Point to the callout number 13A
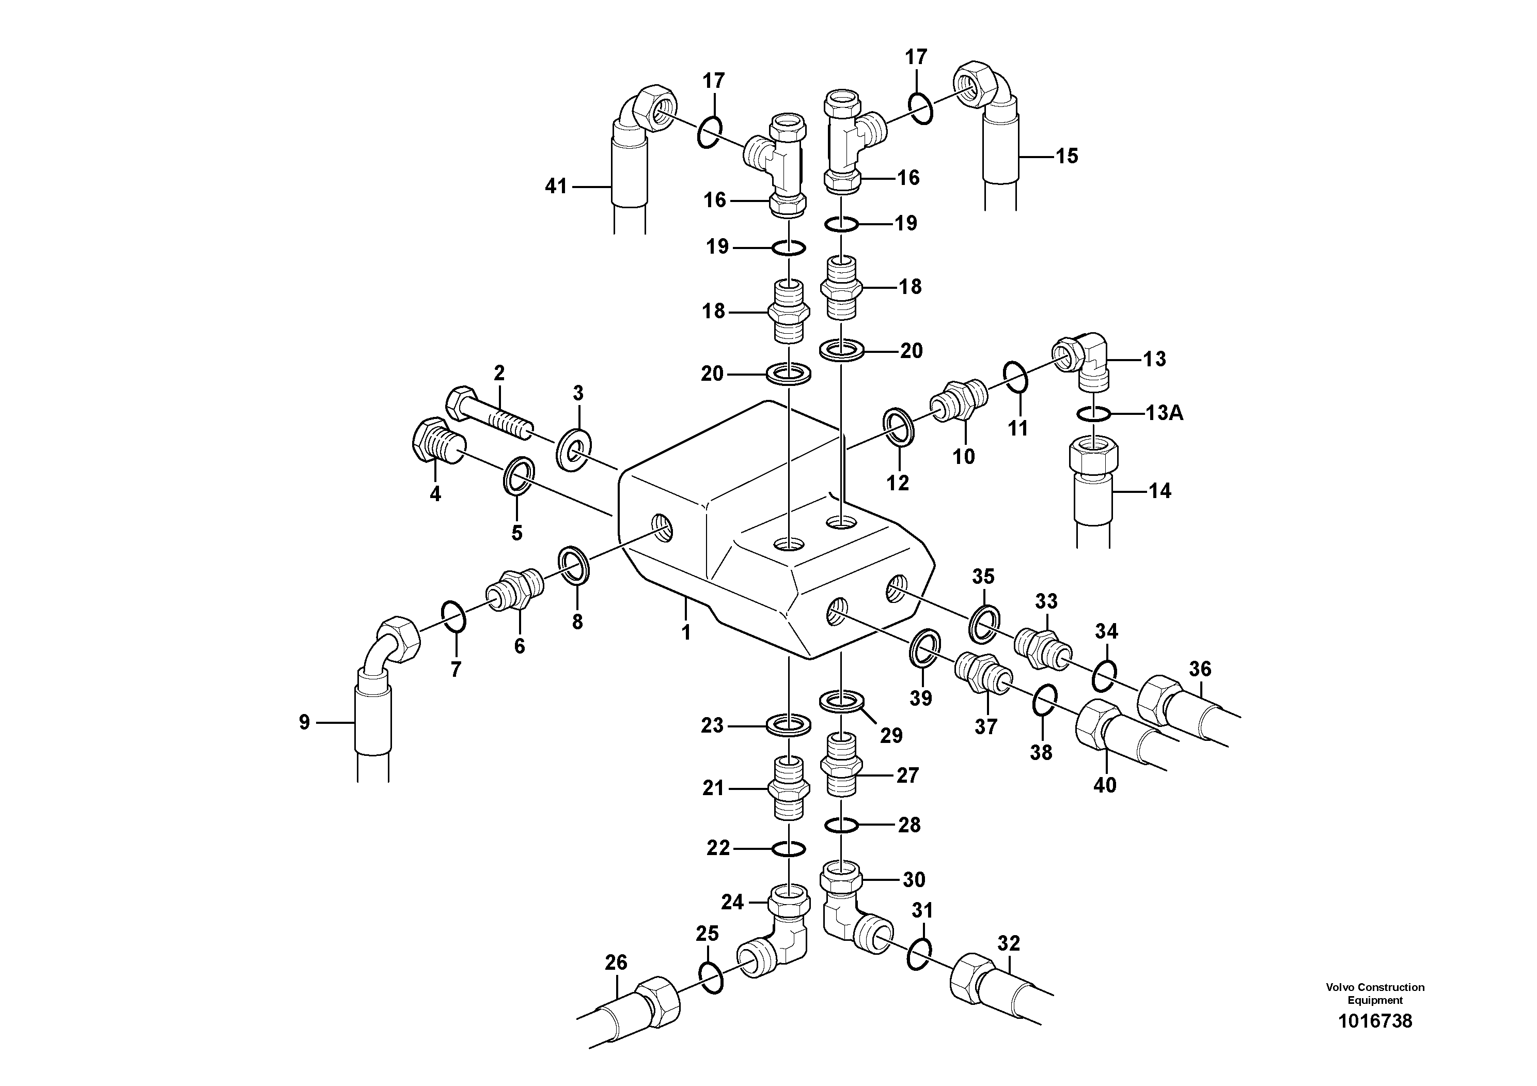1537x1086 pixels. coord(1164,413)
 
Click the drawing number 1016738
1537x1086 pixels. coord(1375,1040)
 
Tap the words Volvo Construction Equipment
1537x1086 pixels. coord(1375,994)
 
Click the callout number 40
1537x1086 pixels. coord(1105,785)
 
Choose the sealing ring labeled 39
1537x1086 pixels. coord(924,647)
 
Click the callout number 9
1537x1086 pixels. coord(305,722)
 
